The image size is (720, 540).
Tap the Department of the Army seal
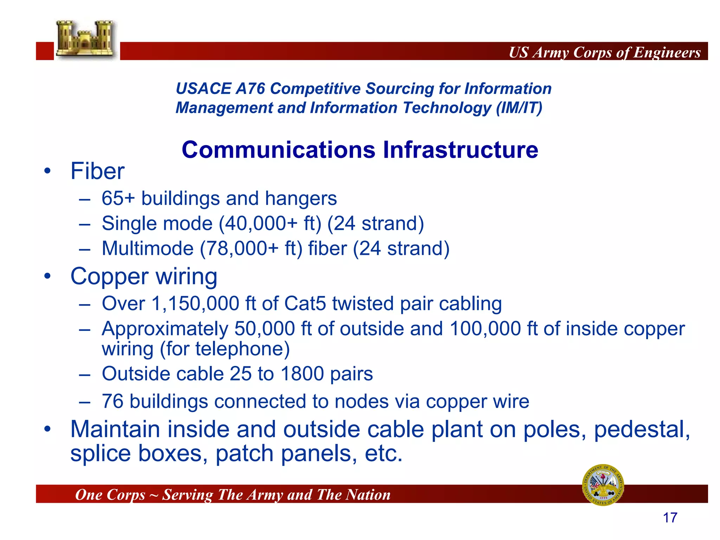tap(603, 485)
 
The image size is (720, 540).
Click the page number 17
tap(670, 518)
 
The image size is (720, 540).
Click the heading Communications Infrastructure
tap(360, 150)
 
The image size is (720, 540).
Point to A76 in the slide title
tap(250, 89)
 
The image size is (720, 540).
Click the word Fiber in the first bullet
tap(97, 171)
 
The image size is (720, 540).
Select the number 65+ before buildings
tap(118, 198)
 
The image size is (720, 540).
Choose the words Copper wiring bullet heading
tap(144, 276)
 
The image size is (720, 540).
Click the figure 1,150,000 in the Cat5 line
tap(195, 303)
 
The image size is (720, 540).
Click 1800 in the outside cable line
tap(302, 374)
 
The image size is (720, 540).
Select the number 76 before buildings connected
tap(112, 401)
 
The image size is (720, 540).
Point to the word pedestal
tap(642, 430)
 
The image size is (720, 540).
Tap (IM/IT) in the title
tap(519, 108)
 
